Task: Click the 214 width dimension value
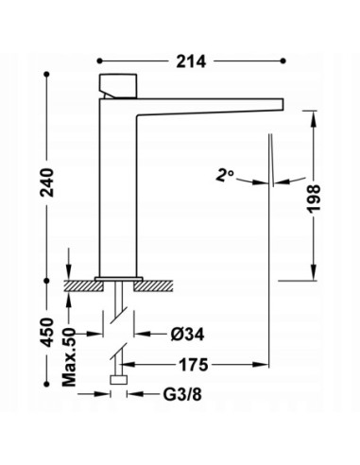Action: (191, 61)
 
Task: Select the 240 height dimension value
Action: (47, 182)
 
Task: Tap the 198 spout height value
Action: (314, 199)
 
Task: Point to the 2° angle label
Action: (225, 175)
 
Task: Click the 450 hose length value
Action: (47, 333)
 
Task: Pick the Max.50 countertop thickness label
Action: (69, 357)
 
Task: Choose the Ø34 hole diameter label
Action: (187, 335)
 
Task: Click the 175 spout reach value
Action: (194, 365)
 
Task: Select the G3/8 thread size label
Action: (182, 394)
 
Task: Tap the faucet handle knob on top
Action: (118, 86)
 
